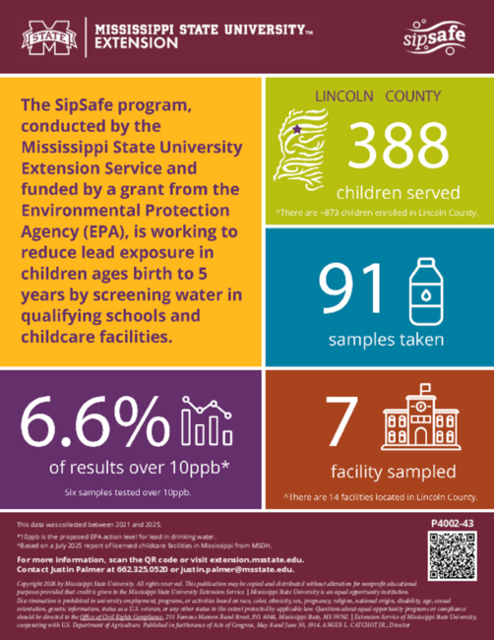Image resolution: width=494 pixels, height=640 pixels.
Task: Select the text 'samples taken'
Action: tap(379, 340)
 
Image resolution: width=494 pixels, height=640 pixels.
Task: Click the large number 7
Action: tap(338, 422)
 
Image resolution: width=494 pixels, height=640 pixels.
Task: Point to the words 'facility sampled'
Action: tap(379, 470)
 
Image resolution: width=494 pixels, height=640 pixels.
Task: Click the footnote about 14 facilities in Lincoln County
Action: tap(379, 496)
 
